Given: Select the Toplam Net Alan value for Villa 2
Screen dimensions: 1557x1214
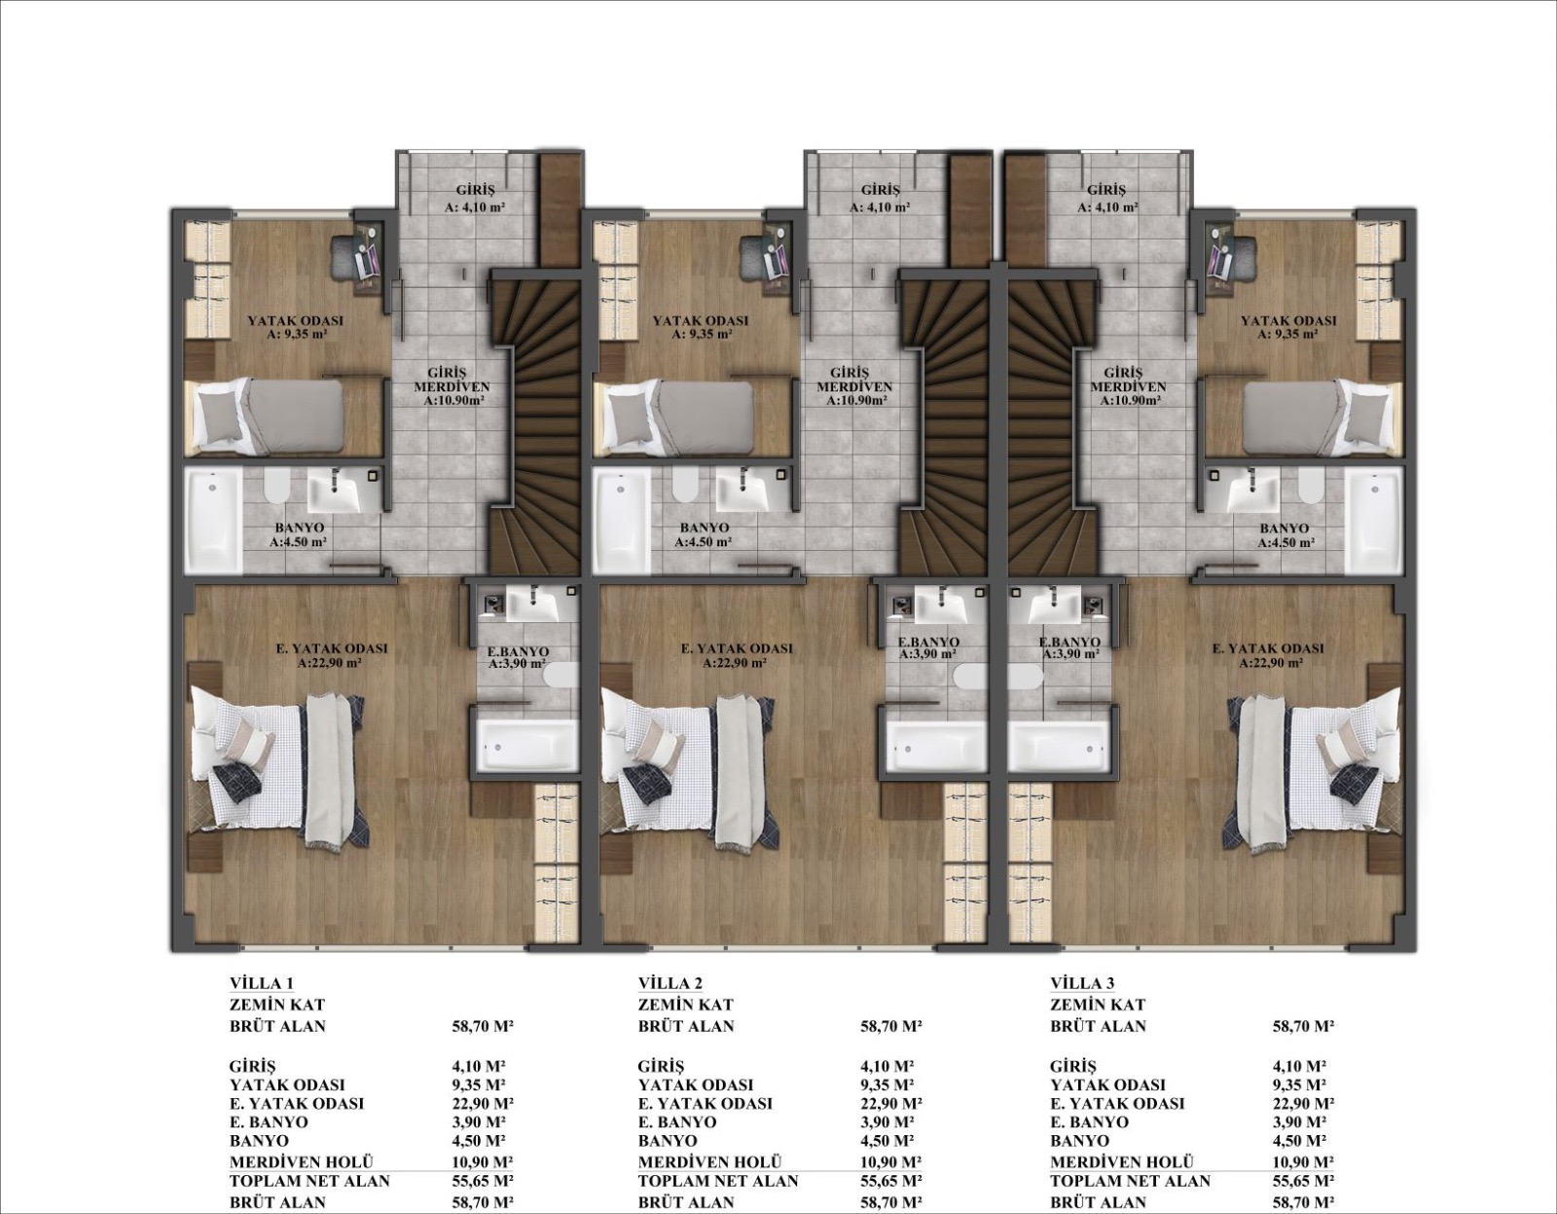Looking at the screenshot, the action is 890,1181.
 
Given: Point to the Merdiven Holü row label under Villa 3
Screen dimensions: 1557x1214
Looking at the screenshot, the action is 1122,1161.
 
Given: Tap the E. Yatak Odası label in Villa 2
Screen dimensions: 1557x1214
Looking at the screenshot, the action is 737,655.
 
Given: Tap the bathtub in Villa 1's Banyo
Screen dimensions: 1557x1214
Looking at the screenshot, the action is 213,521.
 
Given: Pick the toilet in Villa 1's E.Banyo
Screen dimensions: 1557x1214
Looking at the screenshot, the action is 560,675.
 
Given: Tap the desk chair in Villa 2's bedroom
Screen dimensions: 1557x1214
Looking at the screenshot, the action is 751,257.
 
